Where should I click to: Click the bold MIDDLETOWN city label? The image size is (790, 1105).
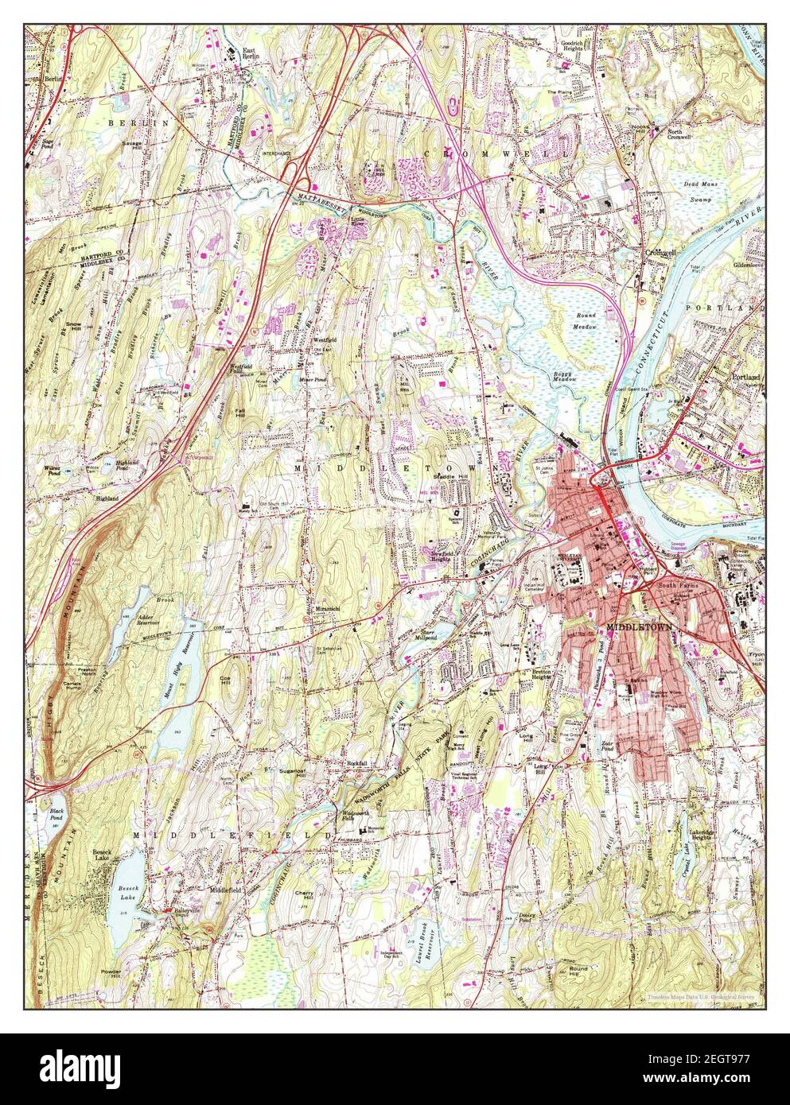click(640, 626)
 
